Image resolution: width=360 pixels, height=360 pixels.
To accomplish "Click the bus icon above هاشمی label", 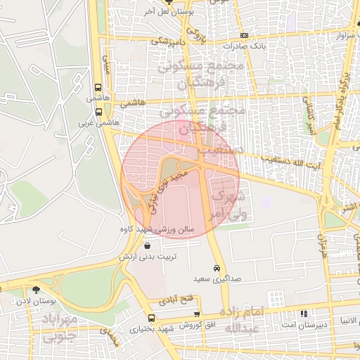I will click(97, 88).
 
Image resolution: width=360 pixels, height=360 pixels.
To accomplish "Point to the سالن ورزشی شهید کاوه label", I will click(156, 230).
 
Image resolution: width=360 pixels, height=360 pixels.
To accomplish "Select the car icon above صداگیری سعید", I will click(217, 268).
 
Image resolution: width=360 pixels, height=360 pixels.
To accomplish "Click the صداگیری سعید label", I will click(217, 279).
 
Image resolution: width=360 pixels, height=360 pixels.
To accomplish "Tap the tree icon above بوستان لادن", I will click(36, 288).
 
